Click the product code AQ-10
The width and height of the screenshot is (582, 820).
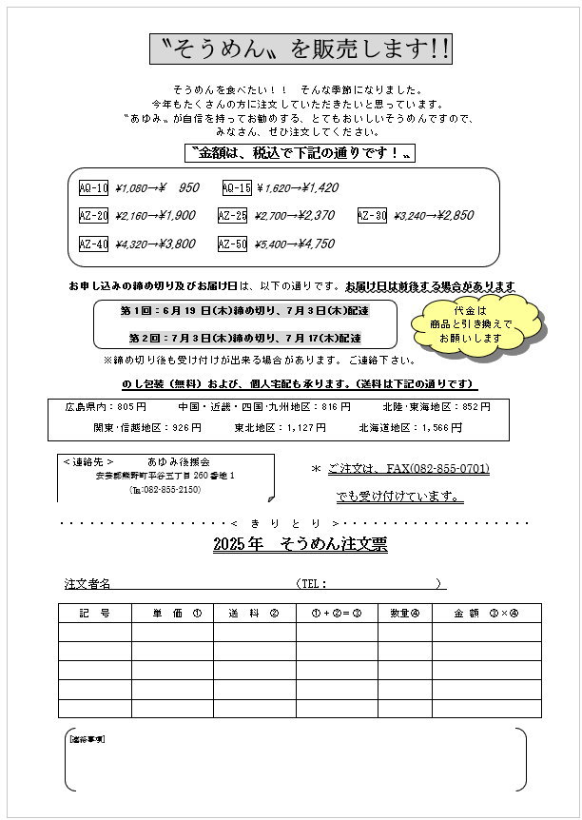93,187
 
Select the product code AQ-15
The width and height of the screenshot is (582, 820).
237,187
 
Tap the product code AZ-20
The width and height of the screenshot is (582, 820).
93,215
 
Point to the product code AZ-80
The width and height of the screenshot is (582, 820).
372,215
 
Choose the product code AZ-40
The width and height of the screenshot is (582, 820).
93,244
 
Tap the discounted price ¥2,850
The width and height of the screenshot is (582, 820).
449,216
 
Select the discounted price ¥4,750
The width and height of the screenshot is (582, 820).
310,244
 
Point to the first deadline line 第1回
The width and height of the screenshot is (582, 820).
244,311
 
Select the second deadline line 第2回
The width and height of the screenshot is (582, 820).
244,338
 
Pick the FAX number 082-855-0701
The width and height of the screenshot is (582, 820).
450,469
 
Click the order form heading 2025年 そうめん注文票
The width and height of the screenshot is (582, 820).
301,544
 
